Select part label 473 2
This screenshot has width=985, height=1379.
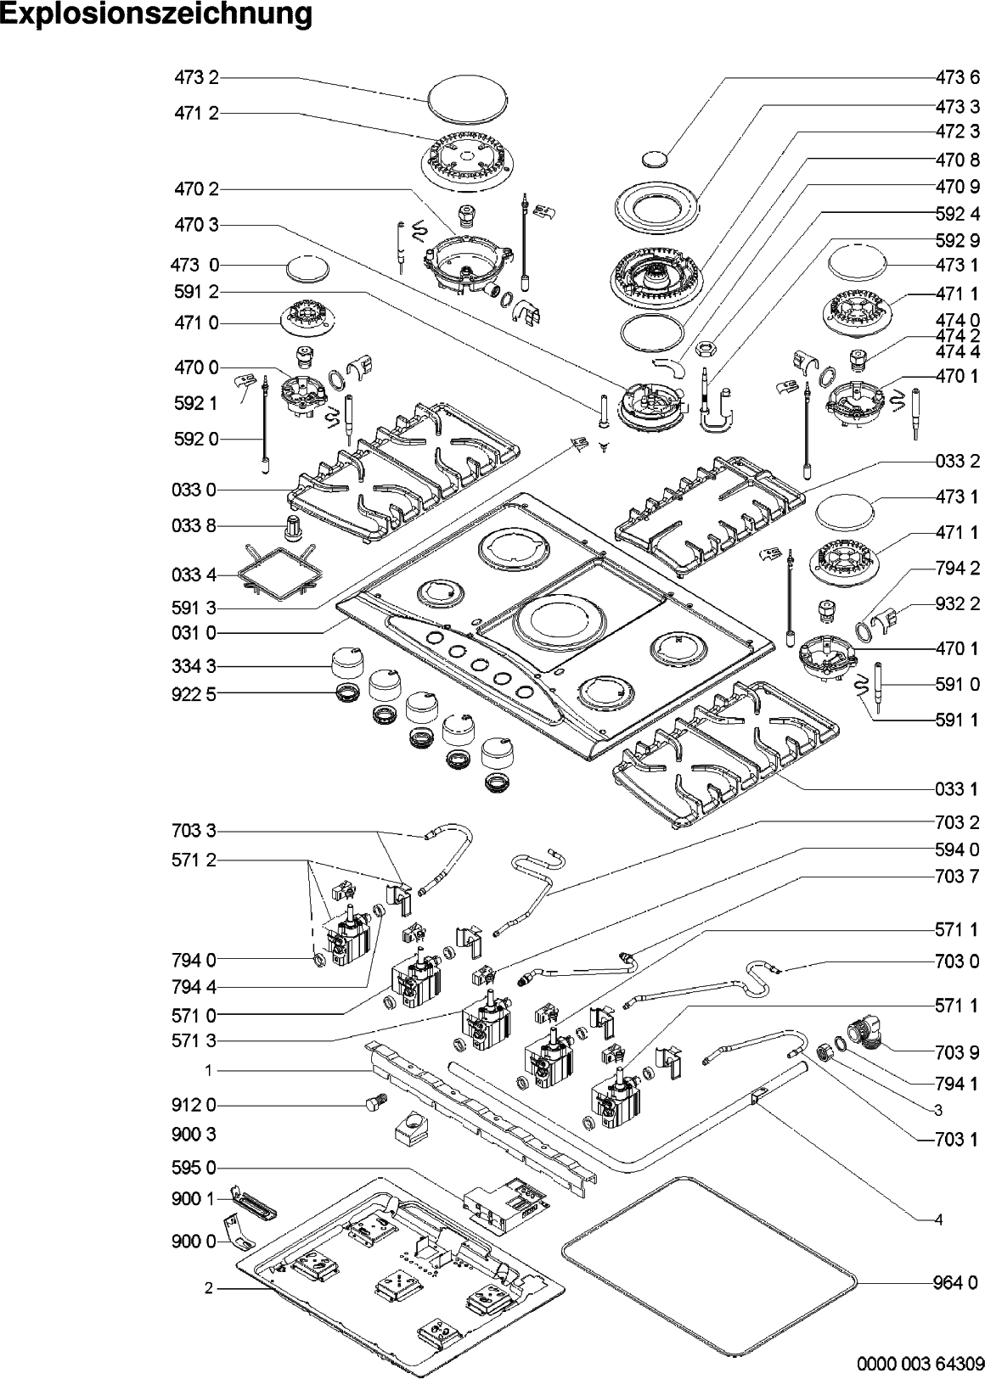(196, 77)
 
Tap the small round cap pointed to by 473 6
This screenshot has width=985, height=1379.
(655, 159)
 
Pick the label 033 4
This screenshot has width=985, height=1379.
(194, 575)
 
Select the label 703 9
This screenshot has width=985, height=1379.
(957, 1053)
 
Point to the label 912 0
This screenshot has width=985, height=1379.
(194, 1105)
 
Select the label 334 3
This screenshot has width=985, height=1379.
(194, 666)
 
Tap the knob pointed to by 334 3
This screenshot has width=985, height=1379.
(349, 663)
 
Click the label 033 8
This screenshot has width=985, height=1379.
(194, 525)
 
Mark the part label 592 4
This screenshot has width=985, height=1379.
(957, 214)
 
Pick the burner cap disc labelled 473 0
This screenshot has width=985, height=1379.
(307, 269)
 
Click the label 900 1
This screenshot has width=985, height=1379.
(194, 1198)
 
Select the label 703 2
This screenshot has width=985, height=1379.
(957, 821)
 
